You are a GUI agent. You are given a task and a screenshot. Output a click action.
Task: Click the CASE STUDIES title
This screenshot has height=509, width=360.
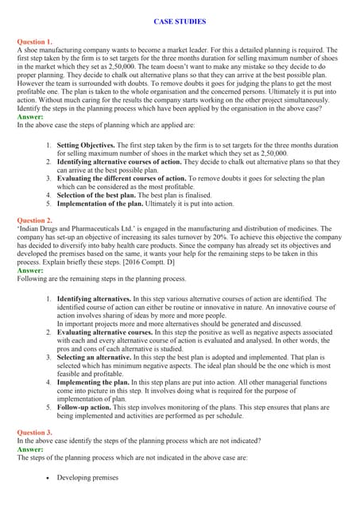(x=180, y=21)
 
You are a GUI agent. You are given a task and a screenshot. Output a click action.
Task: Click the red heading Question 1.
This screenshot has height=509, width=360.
(x=35, y=41)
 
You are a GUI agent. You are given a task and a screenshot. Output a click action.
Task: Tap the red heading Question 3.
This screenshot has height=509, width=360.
(x=35, y=433)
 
